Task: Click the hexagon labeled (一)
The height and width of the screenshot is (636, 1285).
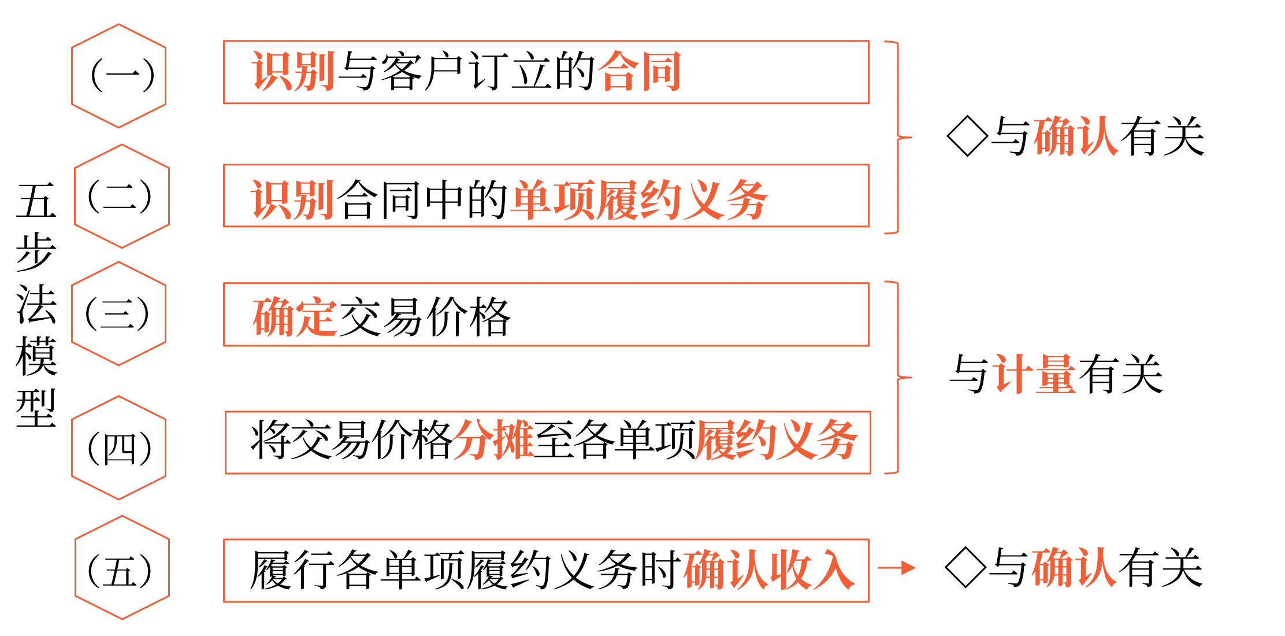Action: pos(119,76)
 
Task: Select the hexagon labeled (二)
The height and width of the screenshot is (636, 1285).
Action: pos(121,196)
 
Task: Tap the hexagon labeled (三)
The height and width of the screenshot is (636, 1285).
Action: pos(119,313)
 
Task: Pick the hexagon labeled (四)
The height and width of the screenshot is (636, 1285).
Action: pos(119,448)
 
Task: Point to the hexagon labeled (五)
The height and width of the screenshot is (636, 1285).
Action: pos(121,568)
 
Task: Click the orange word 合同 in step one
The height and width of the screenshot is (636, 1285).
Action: pos(640,72)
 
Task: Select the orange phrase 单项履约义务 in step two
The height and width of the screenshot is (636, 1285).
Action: pos(640,200)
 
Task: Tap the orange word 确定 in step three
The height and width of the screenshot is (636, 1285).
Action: pos(295,317)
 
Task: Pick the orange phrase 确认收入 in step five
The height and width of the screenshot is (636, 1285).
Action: pos(769,570)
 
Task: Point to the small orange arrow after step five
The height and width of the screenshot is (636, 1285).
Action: pos(897,568)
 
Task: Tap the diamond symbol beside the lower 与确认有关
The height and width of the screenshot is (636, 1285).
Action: pos(965,568)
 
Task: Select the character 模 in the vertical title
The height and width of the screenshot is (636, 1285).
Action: pos(36,356)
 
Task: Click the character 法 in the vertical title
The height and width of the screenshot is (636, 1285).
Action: pos(36,304)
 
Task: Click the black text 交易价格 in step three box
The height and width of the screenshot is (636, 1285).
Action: pos(425,317)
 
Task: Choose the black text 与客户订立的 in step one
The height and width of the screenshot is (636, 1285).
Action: pos(466,72)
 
